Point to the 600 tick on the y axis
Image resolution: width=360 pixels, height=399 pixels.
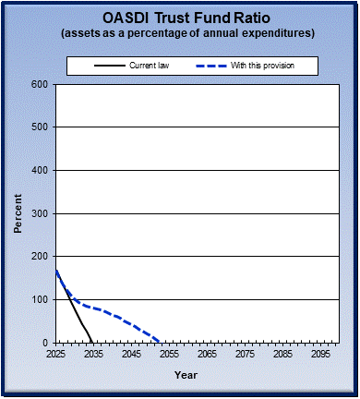tap(40, 84)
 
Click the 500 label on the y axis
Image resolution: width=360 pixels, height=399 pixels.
tap(40, 127)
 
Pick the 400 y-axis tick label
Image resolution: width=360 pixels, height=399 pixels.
tap(40, 170)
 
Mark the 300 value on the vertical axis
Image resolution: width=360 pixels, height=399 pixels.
tap(40, 213)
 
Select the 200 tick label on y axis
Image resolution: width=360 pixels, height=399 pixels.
tap(40, 257)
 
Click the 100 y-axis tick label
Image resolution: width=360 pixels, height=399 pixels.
tap(40, 299)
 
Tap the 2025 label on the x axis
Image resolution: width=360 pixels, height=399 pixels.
tap(56, 354)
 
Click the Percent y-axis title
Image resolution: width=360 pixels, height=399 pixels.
tap(18, 213)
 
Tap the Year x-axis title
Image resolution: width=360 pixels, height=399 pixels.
tap(186, 375)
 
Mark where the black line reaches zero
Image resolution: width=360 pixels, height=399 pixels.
tap(91, 342)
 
